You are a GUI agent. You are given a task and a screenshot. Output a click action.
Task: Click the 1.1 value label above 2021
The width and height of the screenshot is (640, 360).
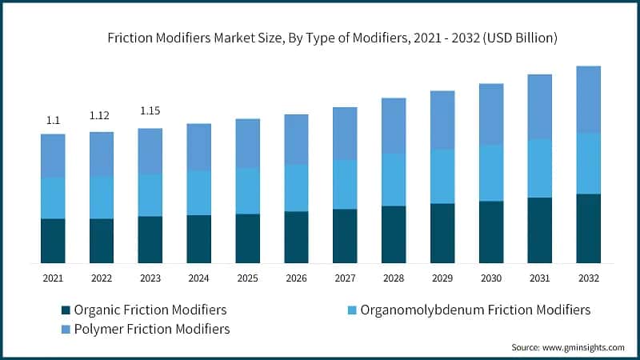(53, 120)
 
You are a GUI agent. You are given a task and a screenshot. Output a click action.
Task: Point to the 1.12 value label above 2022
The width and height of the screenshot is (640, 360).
(101, 116)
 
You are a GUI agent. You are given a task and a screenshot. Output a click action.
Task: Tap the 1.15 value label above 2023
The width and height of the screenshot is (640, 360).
(150, 110)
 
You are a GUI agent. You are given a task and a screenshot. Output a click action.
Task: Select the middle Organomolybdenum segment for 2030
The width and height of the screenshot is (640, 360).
(490, 173)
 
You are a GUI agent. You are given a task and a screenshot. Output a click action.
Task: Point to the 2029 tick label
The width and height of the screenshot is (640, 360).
(442, 277)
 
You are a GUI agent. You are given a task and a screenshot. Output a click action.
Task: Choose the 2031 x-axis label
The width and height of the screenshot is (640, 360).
(539, 277)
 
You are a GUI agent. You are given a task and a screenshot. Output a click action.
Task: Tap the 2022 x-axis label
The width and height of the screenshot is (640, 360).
(101, 277)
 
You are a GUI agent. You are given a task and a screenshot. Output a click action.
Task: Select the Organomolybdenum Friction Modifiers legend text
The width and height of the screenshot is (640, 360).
(476, 310)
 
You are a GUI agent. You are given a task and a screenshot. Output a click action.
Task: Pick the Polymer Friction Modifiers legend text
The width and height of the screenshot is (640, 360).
(151, 329)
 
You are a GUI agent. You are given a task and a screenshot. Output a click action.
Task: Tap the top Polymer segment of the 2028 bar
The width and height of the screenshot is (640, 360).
(394, 126)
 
